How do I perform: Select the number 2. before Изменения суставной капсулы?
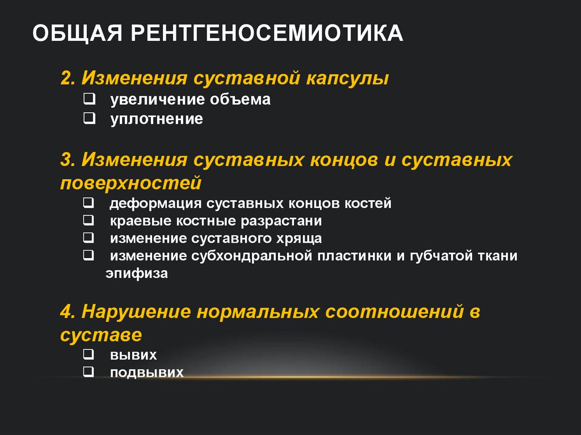(68, 78)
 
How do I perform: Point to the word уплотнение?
(157, 119)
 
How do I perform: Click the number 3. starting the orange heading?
(68, 160)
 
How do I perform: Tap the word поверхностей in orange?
(130, 183)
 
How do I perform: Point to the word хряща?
(300, 238)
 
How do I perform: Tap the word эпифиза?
(136, 273)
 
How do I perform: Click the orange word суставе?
(100, 334)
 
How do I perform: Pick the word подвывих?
(147, 373)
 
